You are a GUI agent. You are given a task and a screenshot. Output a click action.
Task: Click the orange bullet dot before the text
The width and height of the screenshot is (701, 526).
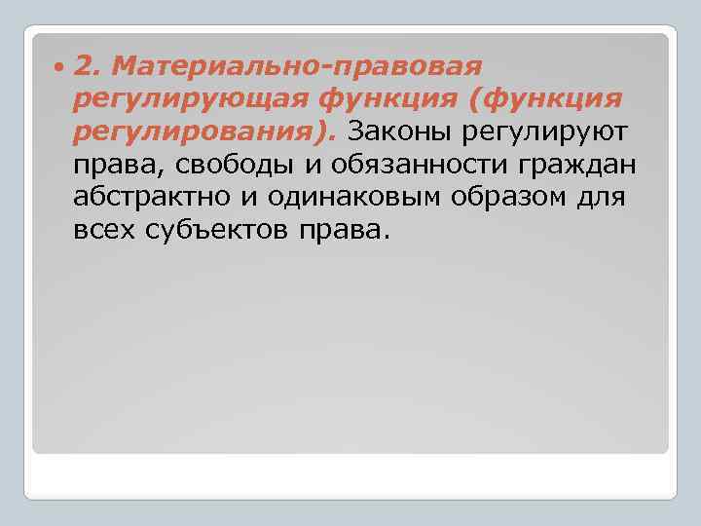[x=60, y=66]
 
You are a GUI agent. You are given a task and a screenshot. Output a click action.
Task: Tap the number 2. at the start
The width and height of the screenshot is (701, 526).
[x=87, y=66]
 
